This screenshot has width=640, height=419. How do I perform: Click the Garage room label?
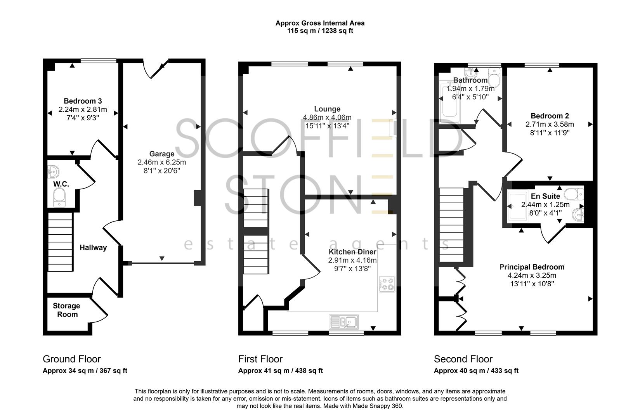161,154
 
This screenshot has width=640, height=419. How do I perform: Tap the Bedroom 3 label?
83,101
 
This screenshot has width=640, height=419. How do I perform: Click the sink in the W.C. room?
53,171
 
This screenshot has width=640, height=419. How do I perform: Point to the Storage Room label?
67,310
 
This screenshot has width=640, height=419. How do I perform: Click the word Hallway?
93,248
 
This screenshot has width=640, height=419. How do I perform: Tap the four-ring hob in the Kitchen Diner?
387,284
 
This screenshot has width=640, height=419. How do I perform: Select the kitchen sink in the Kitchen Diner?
344,322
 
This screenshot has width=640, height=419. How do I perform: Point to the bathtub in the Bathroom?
449,103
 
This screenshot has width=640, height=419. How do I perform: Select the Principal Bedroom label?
532,267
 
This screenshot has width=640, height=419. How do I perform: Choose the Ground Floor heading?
71,359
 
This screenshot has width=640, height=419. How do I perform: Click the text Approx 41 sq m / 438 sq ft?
280,371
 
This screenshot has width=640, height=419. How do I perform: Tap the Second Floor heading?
463,359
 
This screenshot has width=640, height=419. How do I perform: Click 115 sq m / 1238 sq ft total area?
320,31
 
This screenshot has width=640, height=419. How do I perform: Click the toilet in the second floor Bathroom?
494,78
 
